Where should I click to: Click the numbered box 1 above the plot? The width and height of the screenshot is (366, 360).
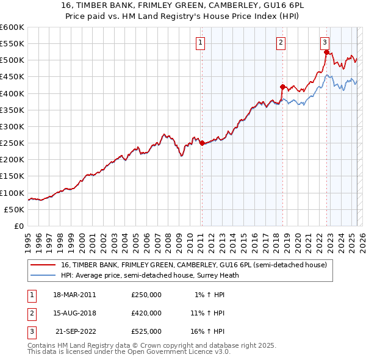(201, 42)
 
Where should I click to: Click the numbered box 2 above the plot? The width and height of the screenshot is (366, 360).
(281, 42)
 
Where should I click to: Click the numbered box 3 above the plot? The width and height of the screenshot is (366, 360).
(325, 42)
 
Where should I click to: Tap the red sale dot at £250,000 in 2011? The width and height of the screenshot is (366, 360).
(202, 143)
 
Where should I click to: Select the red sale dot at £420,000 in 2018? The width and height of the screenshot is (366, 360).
(282, 87)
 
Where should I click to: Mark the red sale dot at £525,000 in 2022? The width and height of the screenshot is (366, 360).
(326, 52)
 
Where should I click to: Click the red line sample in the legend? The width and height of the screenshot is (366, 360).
(43, 265)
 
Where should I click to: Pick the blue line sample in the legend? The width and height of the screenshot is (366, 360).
(43, 275)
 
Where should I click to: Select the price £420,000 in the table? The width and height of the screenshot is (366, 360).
(146, 313)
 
